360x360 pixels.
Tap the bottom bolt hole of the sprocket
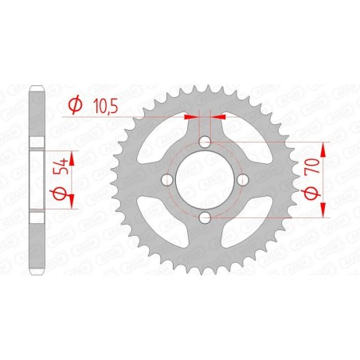tap(205, 217)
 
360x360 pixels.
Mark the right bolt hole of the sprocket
tap(242, 179)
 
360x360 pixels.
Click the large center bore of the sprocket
tap(205, 179)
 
